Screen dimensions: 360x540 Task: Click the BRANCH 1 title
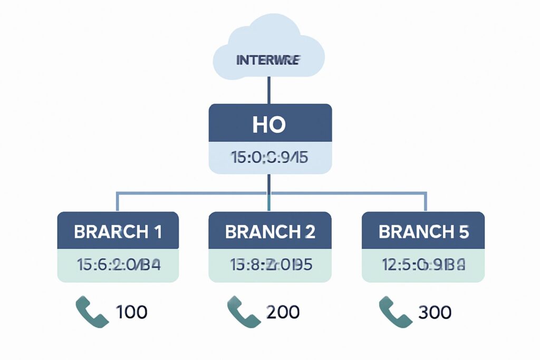point(118,231)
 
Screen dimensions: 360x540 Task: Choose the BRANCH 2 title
point(269,231)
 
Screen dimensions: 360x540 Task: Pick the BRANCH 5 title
point(423,231)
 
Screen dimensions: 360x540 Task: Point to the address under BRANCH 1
point(118,265)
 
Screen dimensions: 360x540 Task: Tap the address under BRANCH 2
point(269,265)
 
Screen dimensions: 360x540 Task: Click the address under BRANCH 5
point(423,265)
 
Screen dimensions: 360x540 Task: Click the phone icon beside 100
point(92,311)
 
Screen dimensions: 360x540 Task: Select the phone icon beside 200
point(243,311)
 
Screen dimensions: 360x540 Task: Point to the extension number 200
point(283,312)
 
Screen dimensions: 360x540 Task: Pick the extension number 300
point(435,312)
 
